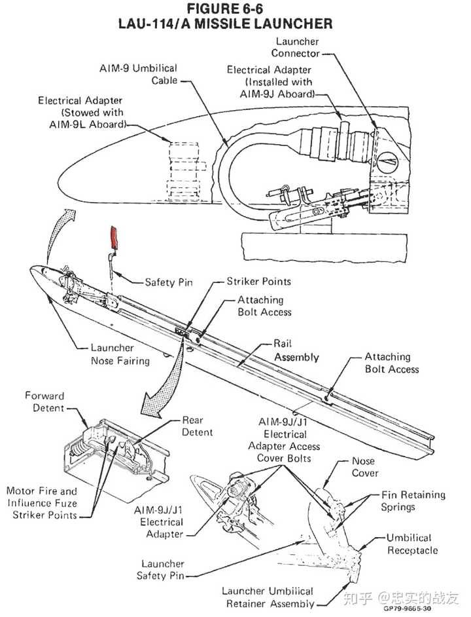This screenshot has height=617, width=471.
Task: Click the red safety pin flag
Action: pyautogui.click(x=114, y=238)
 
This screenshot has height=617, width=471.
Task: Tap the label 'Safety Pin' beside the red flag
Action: pyautogui.click(x=169, y=282)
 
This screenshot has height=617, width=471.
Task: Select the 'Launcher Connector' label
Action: pyautogui.click(x=296, y=47)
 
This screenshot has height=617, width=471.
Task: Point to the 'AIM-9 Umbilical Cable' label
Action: pyautogui.click(x=138, y=74)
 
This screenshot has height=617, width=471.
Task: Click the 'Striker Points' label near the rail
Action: pyautogui.click(x=258, y=281)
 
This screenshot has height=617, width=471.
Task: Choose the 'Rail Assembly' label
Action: pyautogui.click(x=296, y=350)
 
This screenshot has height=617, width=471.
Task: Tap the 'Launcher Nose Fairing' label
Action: pyautogui.click(x=120, y=354)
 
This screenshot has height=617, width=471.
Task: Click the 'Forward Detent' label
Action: pyautogui.click(x=44, y=402)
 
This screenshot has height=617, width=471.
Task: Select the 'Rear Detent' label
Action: pyautogui.click(x=197, y=426)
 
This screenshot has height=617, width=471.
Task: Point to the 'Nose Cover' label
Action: pyautogui.click(x=365, y=467)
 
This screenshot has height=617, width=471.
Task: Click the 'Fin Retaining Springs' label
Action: pyautogui.click(x=413, y=501)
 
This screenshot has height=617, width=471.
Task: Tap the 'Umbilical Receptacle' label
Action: pyautogui.click(x=411, y=544)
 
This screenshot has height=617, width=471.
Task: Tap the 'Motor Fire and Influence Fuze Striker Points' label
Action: pyautogui.click(x=42, y=503)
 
